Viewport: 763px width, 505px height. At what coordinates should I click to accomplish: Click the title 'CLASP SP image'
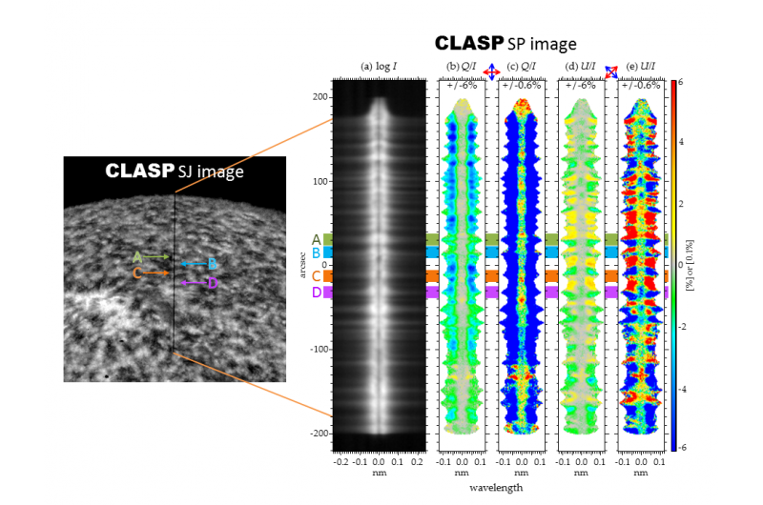click(x=505, y=44)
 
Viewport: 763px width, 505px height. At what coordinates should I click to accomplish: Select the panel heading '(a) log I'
click(x=379, y=66)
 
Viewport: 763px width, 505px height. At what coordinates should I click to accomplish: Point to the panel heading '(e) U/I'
click(x=640, y=66)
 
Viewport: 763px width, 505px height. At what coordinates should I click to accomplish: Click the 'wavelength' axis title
click(x=494, y=487)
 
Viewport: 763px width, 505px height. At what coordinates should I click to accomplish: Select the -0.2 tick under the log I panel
click(x=341, y=459)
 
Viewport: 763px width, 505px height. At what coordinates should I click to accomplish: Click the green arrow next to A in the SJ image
click(x=156, y=256)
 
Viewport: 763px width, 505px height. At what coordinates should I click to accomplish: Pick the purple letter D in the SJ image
click(x=213, y=283)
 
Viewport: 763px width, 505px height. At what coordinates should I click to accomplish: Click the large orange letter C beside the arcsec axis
click(x=316, y=276)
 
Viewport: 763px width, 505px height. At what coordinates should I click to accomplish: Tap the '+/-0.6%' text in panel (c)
click(x=522, y=85)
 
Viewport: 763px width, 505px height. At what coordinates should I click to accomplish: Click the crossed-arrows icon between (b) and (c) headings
click(x=492, y=71)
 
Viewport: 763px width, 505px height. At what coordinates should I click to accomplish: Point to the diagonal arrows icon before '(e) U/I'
click(x=611, y=71)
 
